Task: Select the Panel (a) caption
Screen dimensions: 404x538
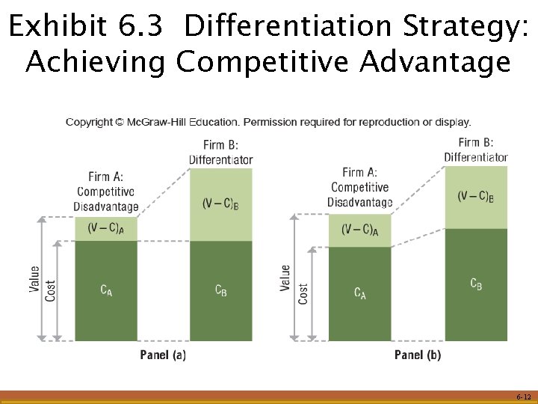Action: coord(163,355)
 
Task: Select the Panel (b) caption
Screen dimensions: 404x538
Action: coord(418,355)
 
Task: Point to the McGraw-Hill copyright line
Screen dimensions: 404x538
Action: coord(268,122)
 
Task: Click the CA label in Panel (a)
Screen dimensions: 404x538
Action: coord(107,290)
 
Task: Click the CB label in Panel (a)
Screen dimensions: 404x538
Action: coord(221,290)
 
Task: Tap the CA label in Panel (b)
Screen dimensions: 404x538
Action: coord(360,293)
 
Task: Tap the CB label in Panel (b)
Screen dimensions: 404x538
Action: coord(476,284)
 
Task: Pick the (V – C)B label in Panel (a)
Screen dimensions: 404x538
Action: coord(221,203)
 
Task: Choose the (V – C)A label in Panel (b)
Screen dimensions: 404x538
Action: coord(360,230)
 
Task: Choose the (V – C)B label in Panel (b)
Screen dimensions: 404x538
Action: coord(476,198)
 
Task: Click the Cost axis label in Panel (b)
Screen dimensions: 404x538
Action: coord(303,293)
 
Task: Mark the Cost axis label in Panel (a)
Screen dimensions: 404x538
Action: coord(50,290)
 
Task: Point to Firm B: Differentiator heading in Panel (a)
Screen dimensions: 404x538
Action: coord(220,152)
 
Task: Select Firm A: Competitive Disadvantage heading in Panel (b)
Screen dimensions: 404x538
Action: coord(360,187)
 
